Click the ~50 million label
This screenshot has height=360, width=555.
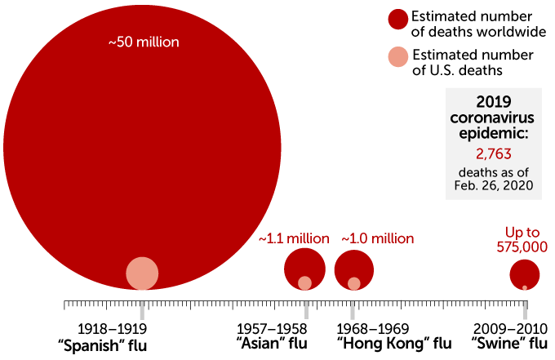click(x=144, y=42)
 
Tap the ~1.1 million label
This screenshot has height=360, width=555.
click(x=294, y=238)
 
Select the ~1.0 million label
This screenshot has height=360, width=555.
click(x=377, y=238)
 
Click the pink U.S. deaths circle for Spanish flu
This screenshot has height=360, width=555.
click(x=142, y=273)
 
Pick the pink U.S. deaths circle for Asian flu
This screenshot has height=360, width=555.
click(x=304, y=283)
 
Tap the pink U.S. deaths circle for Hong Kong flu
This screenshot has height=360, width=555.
click(x=354, y=283)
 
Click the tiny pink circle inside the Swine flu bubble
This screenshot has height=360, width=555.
click(x=525, y=287)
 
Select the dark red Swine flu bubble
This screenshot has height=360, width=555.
click(x=525, y=273)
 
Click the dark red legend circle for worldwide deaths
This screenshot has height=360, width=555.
click(x=397, y=20)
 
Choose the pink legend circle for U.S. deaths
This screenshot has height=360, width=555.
click(x=397, y=58)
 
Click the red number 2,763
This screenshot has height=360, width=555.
click(x=493, y=153)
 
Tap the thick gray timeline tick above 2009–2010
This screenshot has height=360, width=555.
click(x=526, y=309)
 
